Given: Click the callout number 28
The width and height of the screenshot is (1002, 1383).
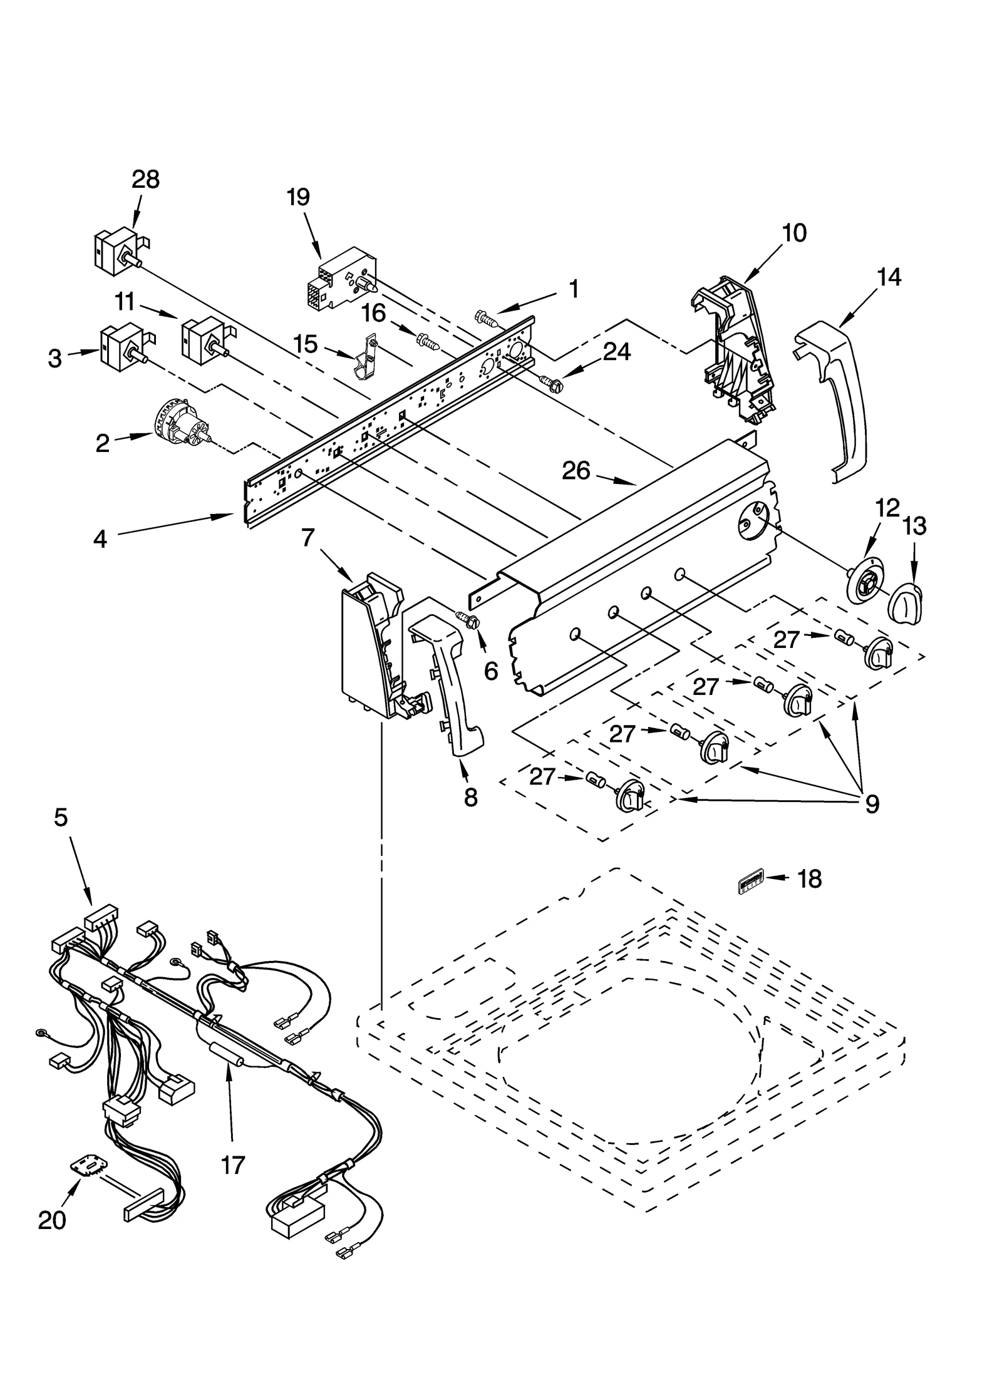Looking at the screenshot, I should tap(145, 180).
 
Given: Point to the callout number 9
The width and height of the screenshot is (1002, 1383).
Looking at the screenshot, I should tap(872, 803).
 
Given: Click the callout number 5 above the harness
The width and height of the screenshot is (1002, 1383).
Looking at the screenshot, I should tap(61, 817).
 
